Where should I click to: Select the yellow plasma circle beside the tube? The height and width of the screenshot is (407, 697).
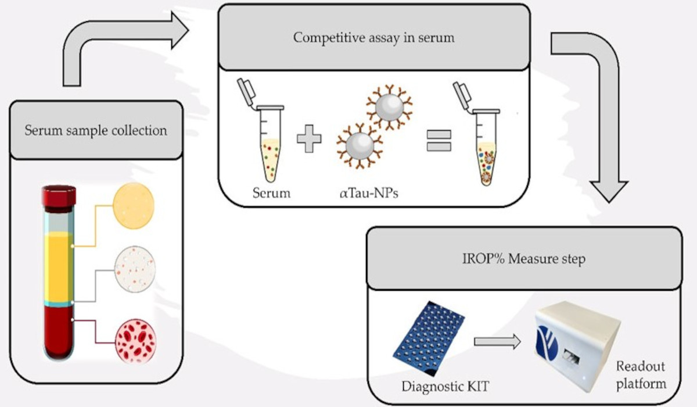click(x=134, y=206)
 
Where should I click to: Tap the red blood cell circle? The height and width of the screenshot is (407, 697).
click(x=136, y=341)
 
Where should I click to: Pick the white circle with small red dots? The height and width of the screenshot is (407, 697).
click(x=135, y=269)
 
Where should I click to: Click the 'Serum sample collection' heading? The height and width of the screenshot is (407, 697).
click(x=96, y=130)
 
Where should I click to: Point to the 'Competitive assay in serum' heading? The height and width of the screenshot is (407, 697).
click(x=373, y=38)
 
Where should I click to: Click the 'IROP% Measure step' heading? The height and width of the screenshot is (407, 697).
click(x=524, y=259)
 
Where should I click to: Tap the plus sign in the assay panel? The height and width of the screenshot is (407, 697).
click(x=309, y=139)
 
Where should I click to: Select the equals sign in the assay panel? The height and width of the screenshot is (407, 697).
click(x=439, y=141)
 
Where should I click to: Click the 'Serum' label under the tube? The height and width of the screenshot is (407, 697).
click(x=271, y=193)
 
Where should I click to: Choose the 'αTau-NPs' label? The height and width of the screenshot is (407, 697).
click(x=369, y=194)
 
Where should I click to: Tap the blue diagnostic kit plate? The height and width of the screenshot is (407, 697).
click(x=429, y=338)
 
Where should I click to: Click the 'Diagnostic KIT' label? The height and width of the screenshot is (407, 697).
click(x=445, y=387)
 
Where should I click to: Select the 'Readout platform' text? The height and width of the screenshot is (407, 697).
click(x=641, y=375)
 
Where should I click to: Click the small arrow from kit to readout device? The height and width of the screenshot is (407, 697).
click(x=497, y=342)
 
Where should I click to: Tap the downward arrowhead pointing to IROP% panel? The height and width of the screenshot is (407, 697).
click(x=609, y=192)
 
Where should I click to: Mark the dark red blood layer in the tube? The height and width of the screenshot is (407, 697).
click(x=59, y=332)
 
